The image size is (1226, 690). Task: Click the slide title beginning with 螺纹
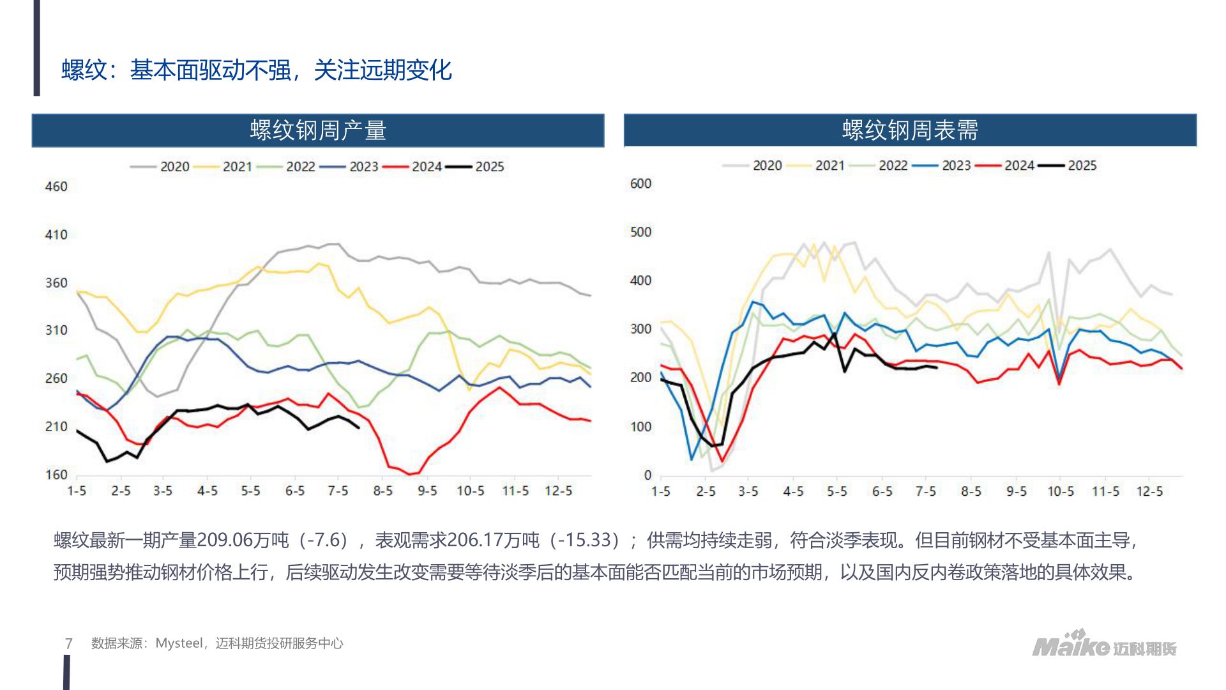tap(256, 70)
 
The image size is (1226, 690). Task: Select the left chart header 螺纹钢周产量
tap(318, 130)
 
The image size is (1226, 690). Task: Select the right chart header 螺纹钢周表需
tap(910, 130)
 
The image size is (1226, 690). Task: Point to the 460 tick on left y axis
tap(56, 187)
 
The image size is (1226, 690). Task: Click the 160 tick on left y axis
tap(56, 475)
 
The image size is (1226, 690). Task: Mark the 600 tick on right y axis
tap(640, 184)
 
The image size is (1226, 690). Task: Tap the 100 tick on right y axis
tap(640, 427)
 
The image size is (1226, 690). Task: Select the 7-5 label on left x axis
tap(338, 491)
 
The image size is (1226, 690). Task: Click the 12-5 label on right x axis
tap(1149, 491)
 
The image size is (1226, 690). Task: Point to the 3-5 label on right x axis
tap(748, 491)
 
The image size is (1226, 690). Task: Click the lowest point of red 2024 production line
tap(410, 474)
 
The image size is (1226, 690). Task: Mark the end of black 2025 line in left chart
tap(358, 427)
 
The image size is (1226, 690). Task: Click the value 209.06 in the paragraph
tap(225, 540)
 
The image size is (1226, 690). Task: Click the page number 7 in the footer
tap(69, 643)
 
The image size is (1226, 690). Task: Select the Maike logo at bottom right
tap(1104, 645)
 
